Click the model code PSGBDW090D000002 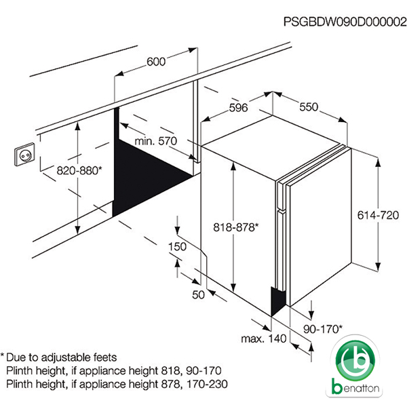coord(345,22)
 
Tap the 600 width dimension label coord(156,62)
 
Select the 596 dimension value coord(238,108)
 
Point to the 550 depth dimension coord(309,107)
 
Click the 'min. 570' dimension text coord(156,141)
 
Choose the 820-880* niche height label coord(79,170)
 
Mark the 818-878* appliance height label coord(236,227)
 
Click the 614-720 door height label coord(378,215)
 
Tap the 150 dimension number coord(177,247)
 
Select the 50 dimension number coord(198,295)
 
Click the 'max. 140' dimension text coord(264,338)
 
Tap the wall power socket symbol coord(24,155)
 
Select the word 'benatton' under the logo coord(355,388)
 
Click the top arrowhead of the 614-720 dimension coord(379,161)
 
